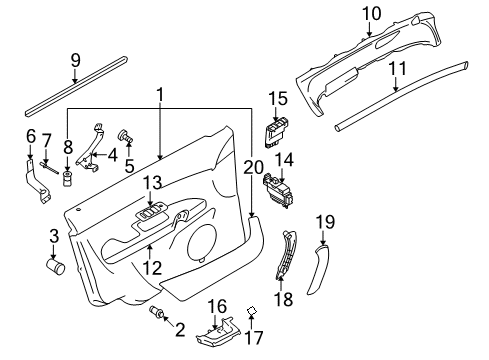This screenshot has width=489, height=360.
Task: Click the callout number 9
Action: pyautogui.click(x=76, y=60)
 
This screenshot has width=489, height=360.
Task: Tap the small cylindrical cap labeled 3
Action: pyautogui.click(x=55, y=266)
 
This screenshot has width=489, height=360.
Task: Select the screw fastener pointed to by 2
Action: pyautogui.click(x=157, y=311)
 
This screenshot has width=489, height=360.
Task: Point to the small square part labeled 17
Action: pyautogui.click(x=251, y=311)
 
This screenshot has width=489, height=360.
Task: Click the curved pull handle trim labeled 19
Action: pyautogui.click(x=318, y=269)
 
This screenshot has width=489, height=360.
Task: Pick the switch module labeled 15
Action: pyautogui.click(x=278, y=133)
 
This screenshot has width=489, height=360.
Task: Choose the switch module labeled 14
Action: pyautogui.click(x=278, y=192)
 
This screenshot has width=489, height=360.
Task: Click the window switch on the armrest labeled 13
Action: pyautogui.click(x=151, y=212)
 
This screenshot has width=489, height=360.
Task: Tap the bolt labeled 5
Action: pyautogui.click(x=125, y=136)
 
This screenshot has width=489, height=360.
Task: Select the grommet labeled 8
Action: pyautogui.click(x=68, y=179)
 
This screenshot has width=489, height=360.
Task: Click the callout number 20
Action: pyautogui.click(x=253, y=167)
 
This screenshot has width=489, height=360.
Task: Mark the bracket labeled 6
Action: pyautogui.click(x=38, y=183)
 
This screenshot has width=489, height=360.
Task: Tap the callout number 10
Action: pyautogui.click(x=371, y=14)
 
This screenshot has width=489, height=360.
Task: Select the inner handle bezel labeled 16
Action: pyautogui.click(x=218, y=332)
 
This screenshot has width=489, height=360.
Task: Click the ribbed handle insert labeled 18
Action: pyautogui.click(x=286, y=253)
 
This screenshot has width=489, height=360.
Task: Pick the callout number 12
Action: pyautogui.click(x=153, y=267)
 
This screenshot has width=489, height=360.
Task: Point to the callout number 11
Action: pyautogui.click(x=398, y=68)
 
